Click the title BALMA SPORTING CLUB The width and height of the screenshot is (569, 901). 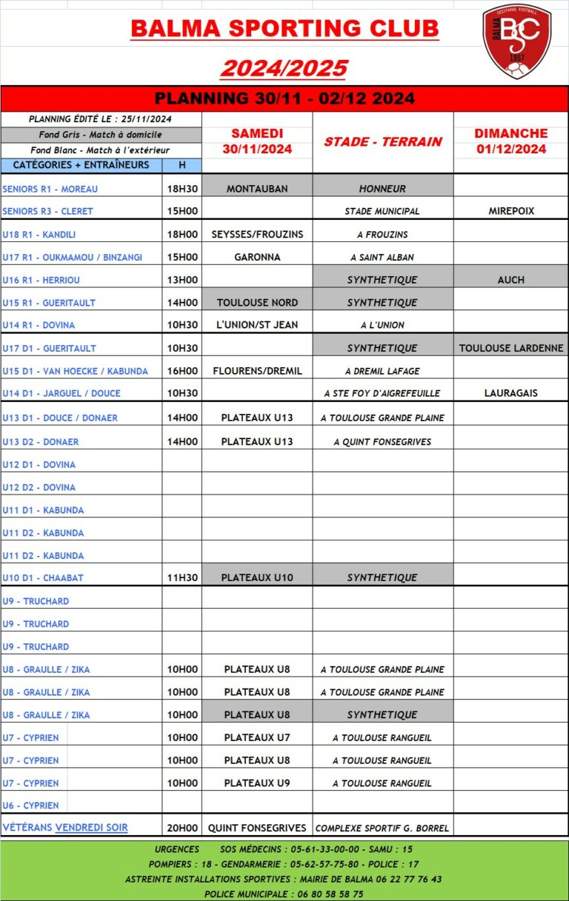click(284, 29)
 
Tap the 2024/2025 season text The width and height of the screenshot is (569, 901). click(284, 68)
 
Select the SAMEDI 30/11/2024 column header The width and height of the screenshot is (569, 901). click(257, 141)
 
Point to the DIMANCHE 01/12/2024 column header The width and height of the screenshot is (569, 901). click(511, 141)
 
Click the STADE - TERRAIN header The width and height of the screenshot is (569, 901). click(382, 141)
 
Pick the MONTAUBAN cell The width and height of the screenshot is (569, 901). click(257, 189)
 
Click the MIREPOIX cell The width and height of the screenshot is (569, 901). click(511, 211)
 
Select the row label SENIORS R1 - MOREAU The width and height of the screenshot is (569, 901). click(50, 189)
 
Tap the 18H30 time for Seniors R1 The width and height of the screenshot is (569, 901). click(182, 189)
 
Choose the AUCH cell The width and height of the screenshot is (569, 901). click(511, 280)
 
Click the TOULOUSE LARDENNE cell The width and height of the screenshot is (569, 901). click(511, 348)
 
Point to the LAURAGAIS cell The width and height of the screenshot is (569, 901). click(511, 393)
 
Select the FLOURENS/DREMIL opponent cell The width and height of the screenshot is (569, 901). click(257, 371)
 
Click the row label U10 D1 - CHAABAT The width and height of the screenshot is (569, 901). click(43, 577)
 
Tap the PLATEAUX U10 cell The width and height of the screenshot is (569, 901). click(257, 577)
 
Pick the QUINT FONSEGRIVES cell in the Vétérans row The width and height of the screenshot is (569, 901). click(257, 828)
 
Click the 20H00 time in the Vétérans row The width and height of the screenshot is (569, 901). click(182, 828)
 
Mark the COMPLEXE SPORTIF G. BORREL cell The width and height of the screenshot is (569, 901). click(382, 828)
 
